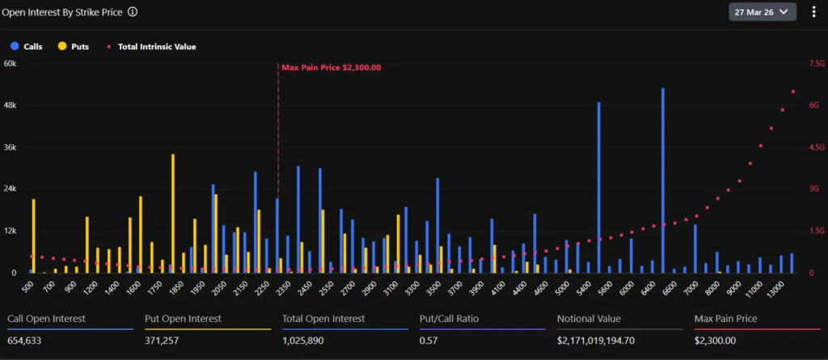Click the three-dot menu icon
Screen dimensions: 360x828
[813, 12]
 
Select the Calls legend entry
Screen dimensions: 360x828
[27, 47]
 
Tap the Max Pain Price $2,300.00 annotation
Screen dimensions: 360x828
[331, 68]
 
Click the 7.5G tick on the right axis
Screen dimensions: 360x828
[816, 64]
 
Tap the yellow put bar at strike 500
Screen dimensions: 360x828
[34, 235]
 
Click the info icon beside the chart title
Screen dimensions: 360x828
[133, 12]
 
